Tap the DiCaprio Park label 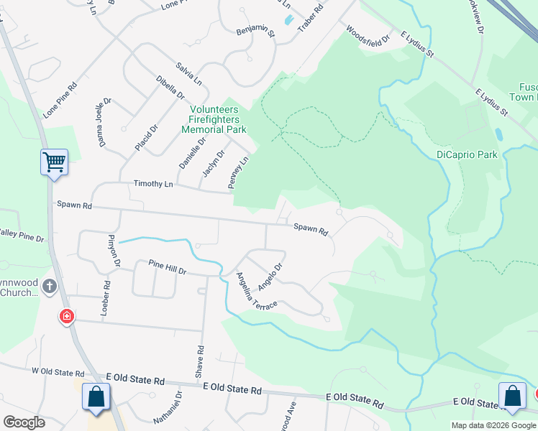coord(467,154)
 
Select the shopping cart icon coord(54,162)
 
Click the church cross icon coord(50,287)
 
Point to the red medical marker coord(67,315)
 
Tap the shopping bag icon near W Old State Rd coord(96,397)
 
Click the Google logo coord(24,422)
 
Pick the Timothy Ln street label coord(153,184)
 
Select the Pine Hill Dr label coord(168,267)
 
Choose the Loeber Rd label coord(106,295)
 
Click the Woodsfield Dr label coord(368,34)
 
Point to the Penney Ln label coord(238,173)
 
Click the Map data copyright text coord(494,425)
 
